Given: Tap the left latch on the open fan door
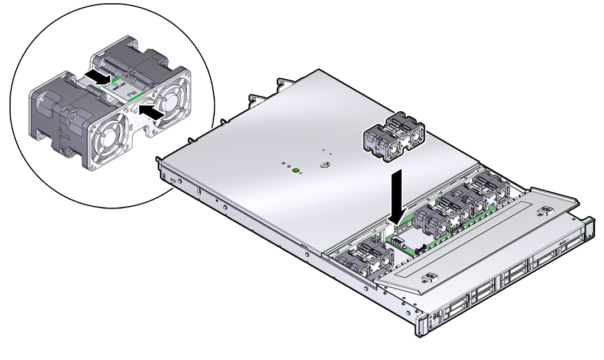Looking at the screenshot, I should (428, 277).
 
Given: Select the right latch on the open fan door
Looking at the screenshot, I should (545, 211).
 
